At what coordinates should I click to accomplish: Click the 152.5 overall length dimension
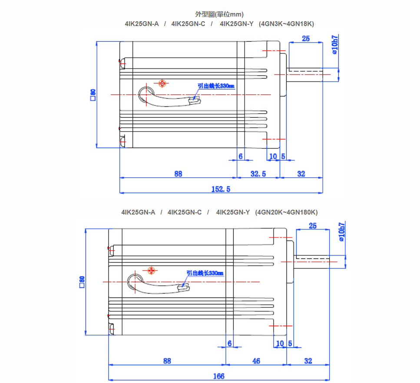221,189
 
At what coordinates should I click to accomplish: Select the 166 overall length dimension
218,376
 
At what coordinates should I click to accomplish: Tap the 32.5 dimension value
258,174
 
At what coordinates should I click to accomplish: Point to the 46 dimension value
256,361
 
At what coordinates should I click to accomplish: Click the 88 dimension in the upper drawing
178,174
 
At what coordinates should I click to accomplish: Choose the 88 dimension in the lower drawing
167,361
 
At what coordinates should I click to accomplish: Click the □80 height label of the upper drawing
93,95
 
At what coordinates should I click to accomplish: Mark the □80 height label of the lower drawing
82,281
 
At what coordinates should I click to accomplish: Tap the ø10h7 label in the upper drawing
334,44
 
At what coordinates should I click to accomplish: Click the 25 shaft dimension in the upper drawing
306,39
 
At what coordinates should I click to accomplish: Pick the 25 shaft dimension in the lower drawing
313,226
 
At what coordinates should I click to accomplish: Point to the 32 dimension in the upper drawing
301,174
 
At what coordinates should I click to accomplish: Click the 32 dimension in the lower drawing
308,361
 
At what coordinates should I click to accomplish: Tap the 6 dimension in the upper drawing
240,156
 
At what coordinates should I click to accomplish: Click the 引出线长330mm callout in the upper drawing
216,86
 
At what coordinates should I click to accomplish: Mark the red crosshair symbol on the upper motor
162,83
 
